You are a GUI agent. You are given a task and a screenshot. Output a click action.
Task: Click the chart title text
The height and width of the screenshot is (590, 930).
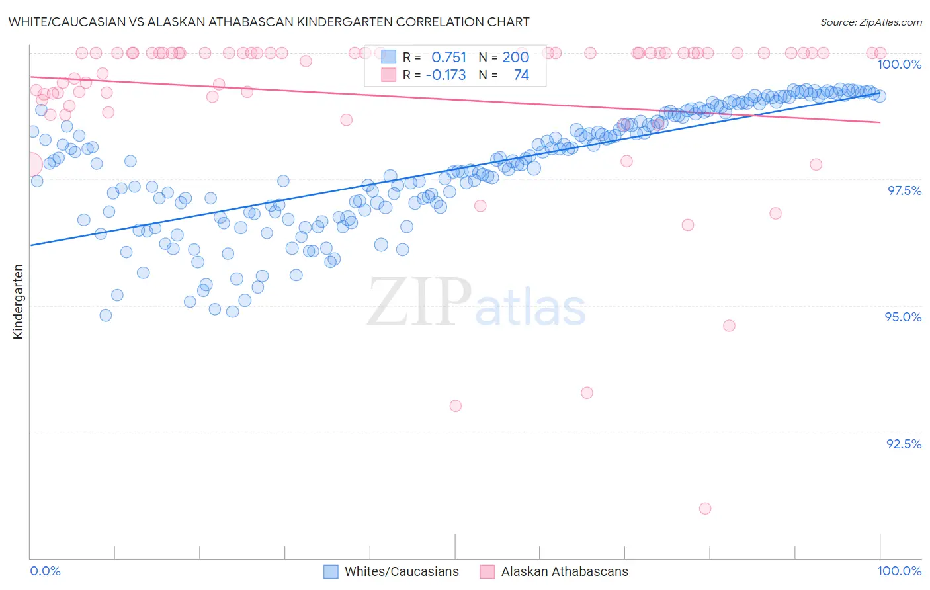pyautogui.click(x=269, y=22)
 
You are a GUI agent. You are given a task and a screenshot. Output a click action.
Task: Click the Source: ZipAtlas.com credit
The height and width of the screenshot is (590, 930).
pyautogui.click(x=870, y=22)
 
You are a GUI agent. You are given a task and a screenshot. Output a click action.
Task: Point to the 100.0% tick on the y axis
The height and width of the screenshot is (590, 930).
pyautogui.click(x=899, y=64)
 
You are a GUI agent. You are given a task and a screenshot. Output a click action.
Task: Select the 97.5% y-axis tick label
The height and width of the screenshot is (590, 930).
pyautogui.click(x=904, y=190)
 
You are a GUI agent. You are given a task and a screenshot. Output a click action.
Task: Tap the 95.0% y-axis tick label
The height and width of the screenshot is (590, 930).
pyautogui.click(x=903, y=317)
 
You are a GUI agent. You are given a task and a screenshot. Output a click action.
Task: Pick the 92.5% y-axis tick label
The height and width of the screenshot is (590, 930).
pyautogui.click(x=904, y=444)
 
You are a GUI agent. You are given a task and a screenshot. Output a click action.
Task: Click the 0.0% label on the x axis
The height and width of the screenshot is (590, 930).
pyautogui.click(x=45, y=571)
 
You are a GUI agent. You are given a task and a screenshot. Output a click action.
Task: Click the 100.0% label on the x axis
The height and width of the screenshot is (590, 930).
pyautogui.click(x=899, y=571)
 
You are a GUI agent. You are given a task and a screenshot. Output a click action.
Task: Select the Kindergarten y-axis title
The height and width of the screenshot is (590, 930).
pyautogui.click(x=18, y=302)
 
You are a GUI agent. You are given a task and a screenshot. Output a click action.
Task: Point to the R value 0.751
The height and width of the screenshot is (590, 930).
pyautogui.click(x=448, y=57)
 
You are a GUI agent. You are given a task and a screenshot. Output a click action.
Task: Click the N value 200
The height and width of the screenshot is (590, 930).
pyautogui.click(x=515, y=57)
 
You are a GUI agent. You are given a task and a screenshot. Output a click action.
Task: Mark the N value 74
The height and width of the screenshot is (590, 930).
pyautogui.click(x=521, y=75)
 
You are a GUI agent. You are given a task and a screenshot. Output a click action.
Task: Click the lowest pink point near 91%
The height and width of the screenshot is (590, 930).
pyautogui.click(x=705, y=509)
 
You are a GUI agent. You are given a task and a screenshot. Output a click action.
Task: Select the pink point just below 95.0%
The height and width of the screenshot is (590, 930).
pyautogui.click(x=729, y=325)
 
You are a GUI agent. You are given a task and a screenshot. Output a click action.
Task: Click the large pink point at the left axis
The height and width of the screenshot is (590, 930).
pyautogui.click(x=30, y=163)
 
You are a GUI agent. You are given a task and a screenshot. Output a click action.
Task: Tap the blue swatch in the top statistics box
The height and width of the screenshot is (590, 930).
pyautogui.click(x=388, y=57)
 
